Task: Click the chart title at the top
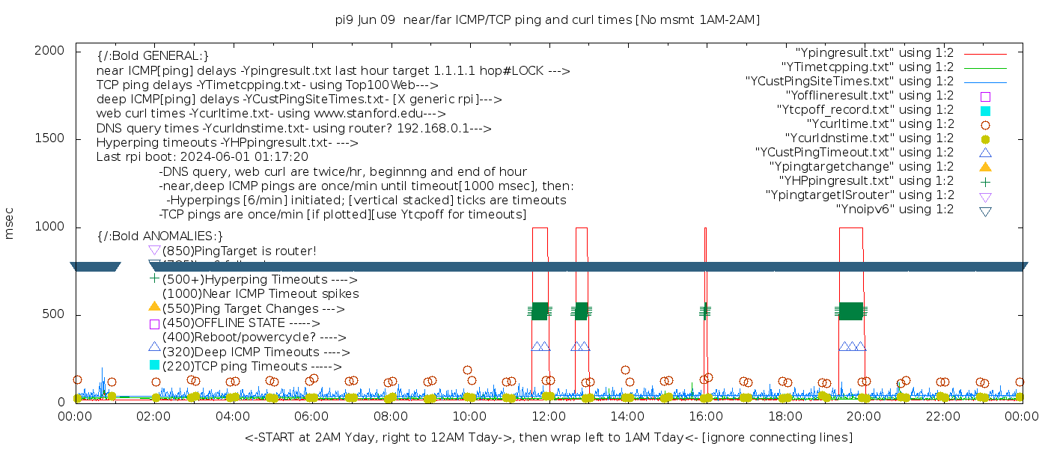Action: point(547,20)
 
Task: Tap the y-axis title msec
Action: point(10,222)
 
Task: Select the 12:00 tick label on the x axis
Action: point(549,416)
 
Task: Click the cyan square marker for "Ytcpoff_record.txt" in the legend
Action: point(985,111)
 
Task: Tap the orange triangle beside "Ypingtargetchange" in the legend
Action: point(985,167)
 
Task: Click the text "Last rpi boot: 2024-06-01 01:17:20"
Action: point(202,157)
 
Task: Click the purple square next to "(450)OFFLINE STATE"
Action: point(155,324)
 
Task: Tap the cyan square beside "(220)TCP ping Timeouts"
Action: point(155,365)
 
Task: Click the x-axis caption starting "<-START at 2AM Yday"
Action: point(548,437)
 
